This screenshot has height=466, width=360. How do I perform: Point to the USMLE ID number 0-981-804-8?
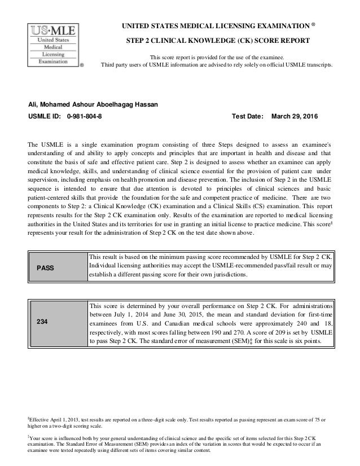point(85,117)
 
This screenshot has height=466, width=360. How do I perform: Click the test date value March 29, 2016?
point(295,117)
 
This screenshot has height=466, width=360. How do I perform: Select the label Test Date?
point(248,117)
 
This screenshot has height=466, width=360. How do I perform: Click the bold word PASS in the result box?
point(45,268)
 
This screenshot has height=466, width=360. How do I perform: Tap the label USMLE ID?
point(45,117)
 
